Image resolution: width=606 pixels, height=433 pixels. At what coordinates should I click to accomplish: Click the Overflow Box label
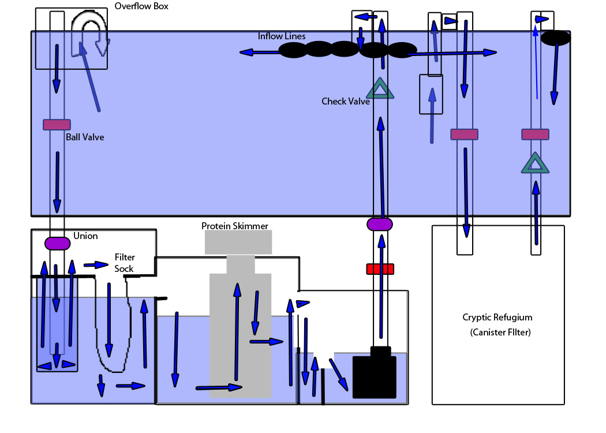(141, 6)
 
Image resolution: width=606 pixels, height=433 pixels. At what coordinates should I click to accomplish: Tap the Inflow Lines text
(282, 36)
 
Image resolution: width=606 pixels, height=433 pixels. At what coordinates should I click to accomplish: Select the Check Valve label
(345, 102)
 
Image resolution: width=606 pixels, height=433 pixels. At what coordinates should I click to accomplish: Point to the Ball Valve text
(84, 137)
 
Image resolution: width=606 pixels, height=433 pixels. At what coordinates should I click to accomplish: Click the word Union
(85, 236)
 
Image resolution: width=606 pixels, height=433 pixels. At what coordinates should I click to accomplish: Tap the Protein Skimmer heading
(234, 226)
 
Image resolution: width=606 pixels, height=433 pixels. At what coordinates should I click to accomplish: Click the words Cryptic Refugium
(497, 318)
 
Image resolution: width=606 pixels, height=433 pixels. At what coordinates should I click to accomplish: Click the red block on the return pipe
(380, 269)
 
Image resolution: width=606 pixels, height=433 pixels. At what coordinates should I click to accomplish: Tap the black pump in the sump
(375, 375)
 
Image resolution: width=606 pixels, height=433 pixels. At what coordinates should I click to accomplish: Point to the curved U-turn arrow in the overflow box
(90, 35)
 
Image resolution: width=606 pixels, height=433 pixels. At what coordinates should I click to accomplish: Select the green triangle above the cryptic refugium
(535, 163)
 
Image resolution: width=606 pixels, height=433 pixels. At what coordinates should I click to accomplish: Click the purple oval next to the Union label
(57, 244)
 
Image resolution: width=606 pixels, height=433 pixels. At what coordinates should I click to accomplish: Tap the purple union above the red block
(380, 224)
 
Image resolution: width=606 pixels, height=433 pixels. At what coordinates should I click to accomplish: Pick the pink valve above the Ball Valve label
(57, 125)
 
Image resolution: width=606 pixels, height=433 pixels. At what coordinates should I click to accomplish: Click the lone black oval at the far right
(556, 38)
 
